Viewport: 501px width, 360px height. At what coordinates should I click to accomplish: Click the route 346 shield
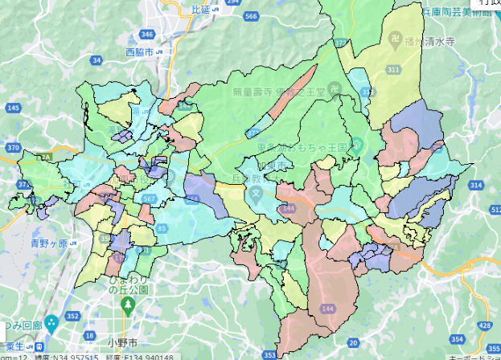coord(146,35)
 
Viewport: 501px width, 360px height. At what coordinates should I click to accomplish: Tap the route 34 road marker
coord(97,60)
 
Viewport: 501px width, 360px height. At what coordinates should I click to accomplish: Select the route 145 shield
coord(13,108)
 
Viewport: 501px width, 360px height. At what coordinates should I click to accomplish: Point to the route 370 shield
coord(13,148)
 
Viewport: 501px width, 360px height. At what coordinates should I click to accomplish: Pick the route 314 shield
coord(476,185)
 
